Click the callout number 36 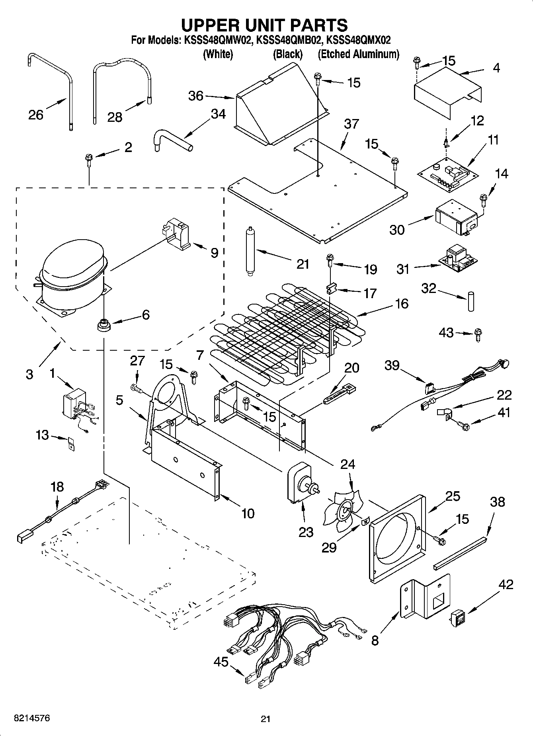click(195, 96)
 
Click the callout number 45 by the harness click(221, 662)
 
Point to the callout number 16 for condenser click(402, 303)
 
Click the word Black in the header click(287, 54)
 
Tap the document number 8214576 click(27, 718)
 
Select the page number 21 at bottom click(266, 719)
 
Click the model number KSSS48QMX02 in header click(358, 40)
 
